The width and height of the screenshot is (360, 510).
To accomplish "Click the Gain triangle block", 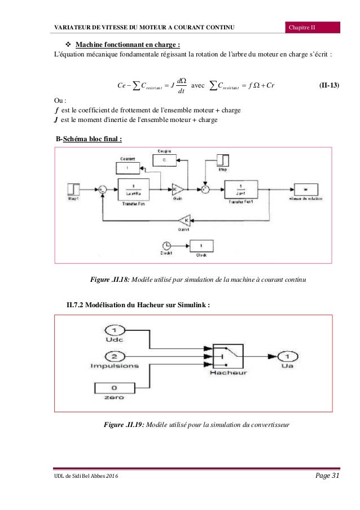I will click(x=176, y=188).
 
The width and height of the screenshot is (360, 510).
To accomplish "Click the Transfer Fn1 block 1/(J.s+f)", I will click(x=242, y=189).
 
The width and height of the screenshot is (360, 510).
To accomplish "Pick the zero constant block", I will click(x=115, y=388).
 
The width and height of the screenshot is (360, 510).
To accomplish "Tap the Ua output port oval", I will click(x=288, y=356).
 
